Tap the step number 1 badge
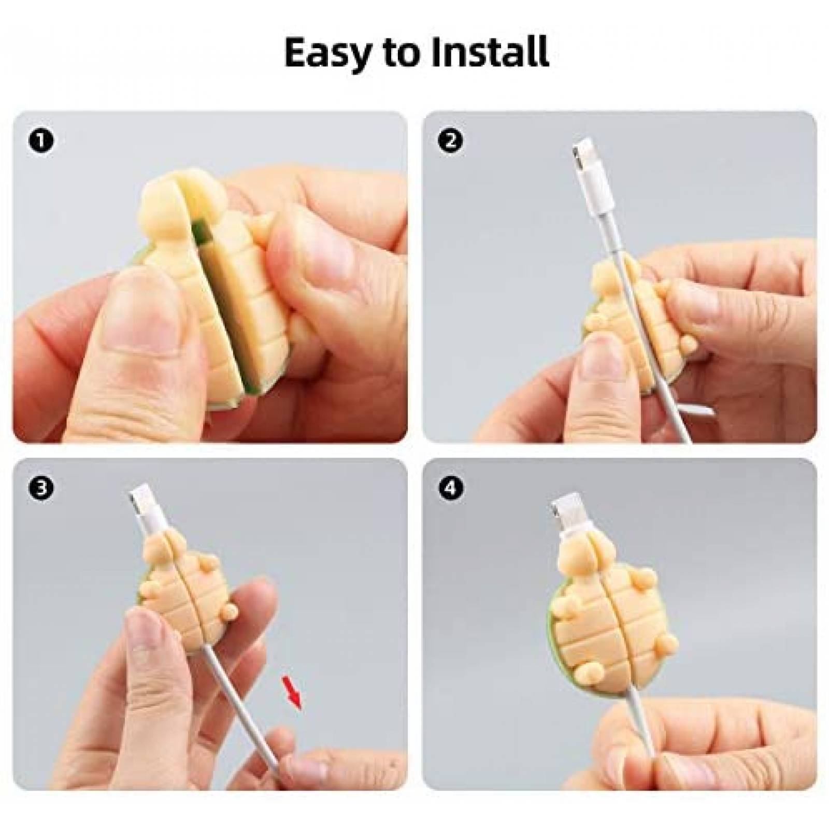[x=41, y=141]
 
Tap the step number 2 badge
[x=451, y=141]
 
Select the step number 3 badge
[x=41, y=488]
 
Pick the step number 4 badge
[x=451, y=488]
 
